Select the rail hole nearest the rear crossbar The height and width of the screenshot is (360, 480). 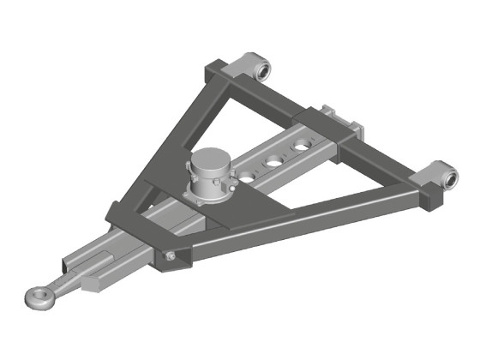301,147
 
